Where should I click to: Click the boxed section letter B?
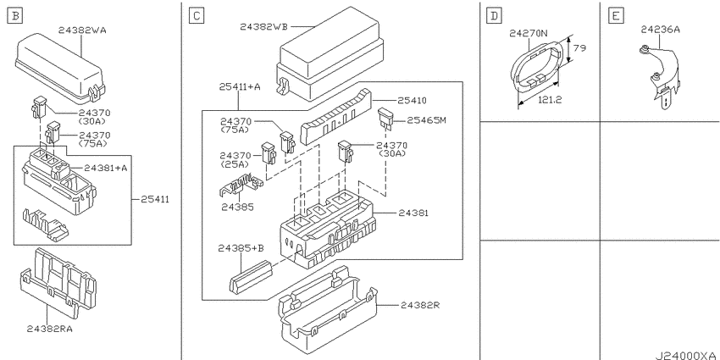click(x=15, y=17)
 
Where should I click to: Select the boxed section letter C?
click(x=196, y=17)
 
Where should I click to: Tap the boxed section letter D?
click(x=494, y=17)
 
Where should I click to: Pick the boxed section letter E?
click(x=615, y=17)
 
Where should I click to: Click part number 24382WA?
click(x=82, y=30)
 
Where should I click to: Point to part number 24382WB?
click(x=263, y=26)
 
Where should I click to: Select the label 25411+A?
click(x=240, y=86)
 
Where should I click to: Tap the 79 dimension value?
click(x=580, y=47)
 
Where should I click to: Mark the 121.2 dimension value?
click(x=550, y=100)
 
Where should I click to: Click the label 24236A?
click(x=661, y=30)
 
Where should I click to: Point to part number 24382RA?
click(x=50, y=329)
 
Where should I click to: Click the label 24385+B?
click(x=241, y=248)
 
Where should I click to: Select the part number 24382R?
click(x=420, y=305)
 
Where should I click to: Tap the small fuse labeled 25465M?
click(x=385, y=118)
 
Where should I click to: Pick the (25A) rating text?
click(x=235, y=164)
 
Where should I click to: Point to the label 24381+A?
click(x=106, y=169)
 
